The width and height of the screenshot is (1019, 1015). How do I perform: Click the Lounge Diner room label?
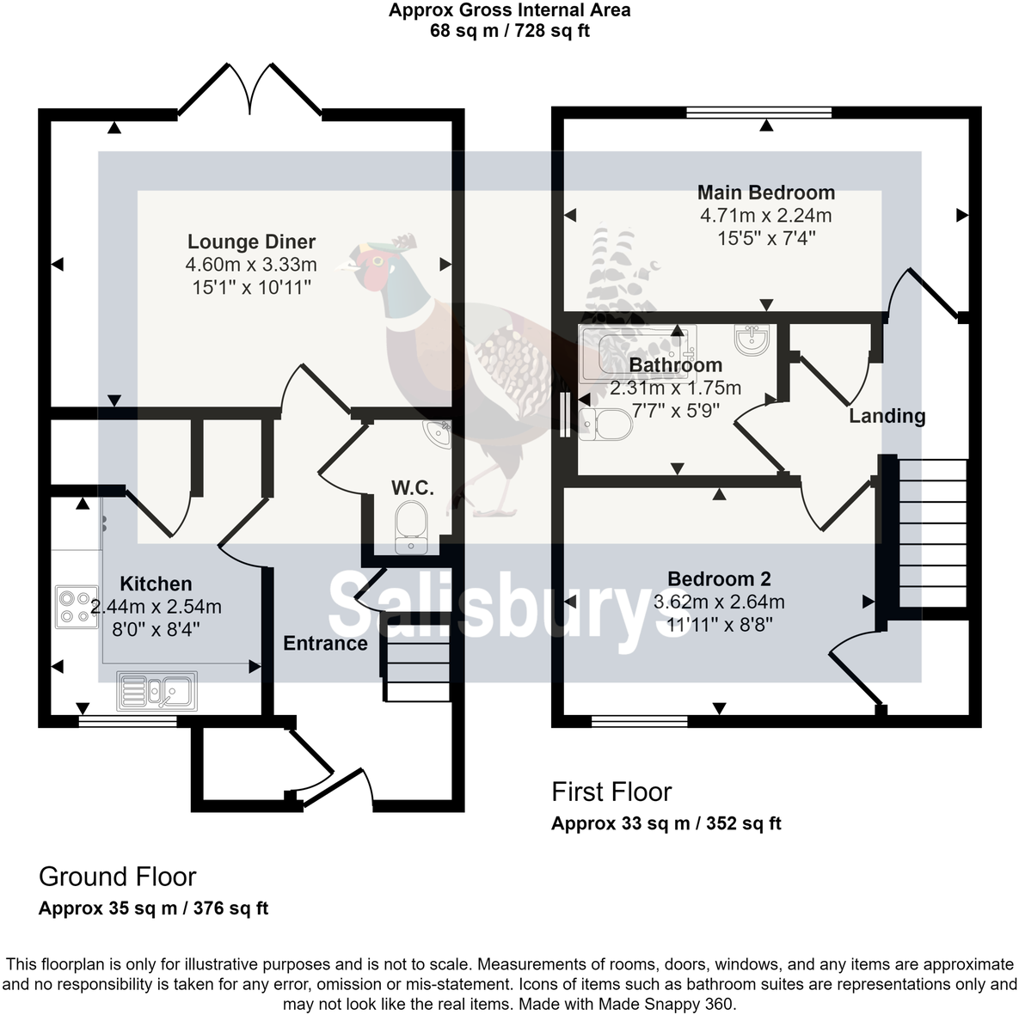[251, 242]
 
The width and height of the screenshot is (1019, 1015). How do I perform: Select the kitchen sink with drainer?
[157, 691]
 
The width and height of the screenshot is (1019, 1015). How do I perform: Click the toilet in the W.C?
[410, 526]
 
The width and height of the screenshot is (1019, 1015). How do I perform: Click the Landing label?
[887, 416]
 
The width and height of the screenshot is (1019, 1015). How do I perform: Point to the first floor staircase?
[932, 533]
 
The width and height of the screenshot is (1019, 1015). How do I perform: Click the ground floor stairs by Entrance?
[417, 658]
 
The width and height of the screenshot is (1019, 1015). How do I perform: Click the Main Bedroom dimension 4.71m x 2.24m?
[765, 216]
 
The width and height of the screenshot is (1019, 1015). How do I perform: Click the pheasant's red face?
[372, 277]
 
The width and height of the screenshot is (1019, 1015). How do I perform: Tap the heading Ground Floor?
[118, 877]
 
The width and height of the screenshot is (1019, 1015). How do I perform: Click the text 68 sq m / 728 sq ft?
[509, 31]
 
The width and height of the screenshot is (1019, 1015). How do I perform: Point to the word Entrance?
[325, 644]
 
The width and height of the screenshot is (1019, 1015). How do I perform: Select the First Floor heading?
[611, 792]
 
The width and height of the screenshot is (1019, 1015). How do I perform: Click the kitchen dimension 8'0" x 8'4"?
[157, 629]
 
